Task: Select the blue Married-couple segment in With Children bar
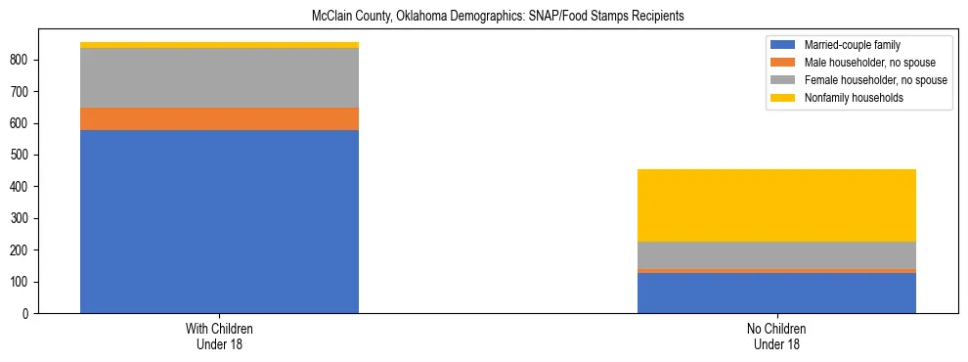click(x=219, y=221)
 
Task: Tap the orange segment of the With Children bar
click(x=219, y=118)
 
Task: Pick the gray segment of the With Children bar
click(x=219, y=77)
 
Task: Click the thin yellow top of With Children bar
click(x=219, y=45)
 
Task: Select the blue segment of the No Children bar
click(x=776, y=293)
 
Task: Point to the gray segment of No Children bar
click(x=776, y=254)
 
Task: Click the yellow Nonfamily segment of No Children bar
click(x=776, y=205)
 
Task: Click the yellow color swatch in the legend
click(x=784, y=98)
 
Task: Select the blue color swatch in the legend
click(x=784, y=45)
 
